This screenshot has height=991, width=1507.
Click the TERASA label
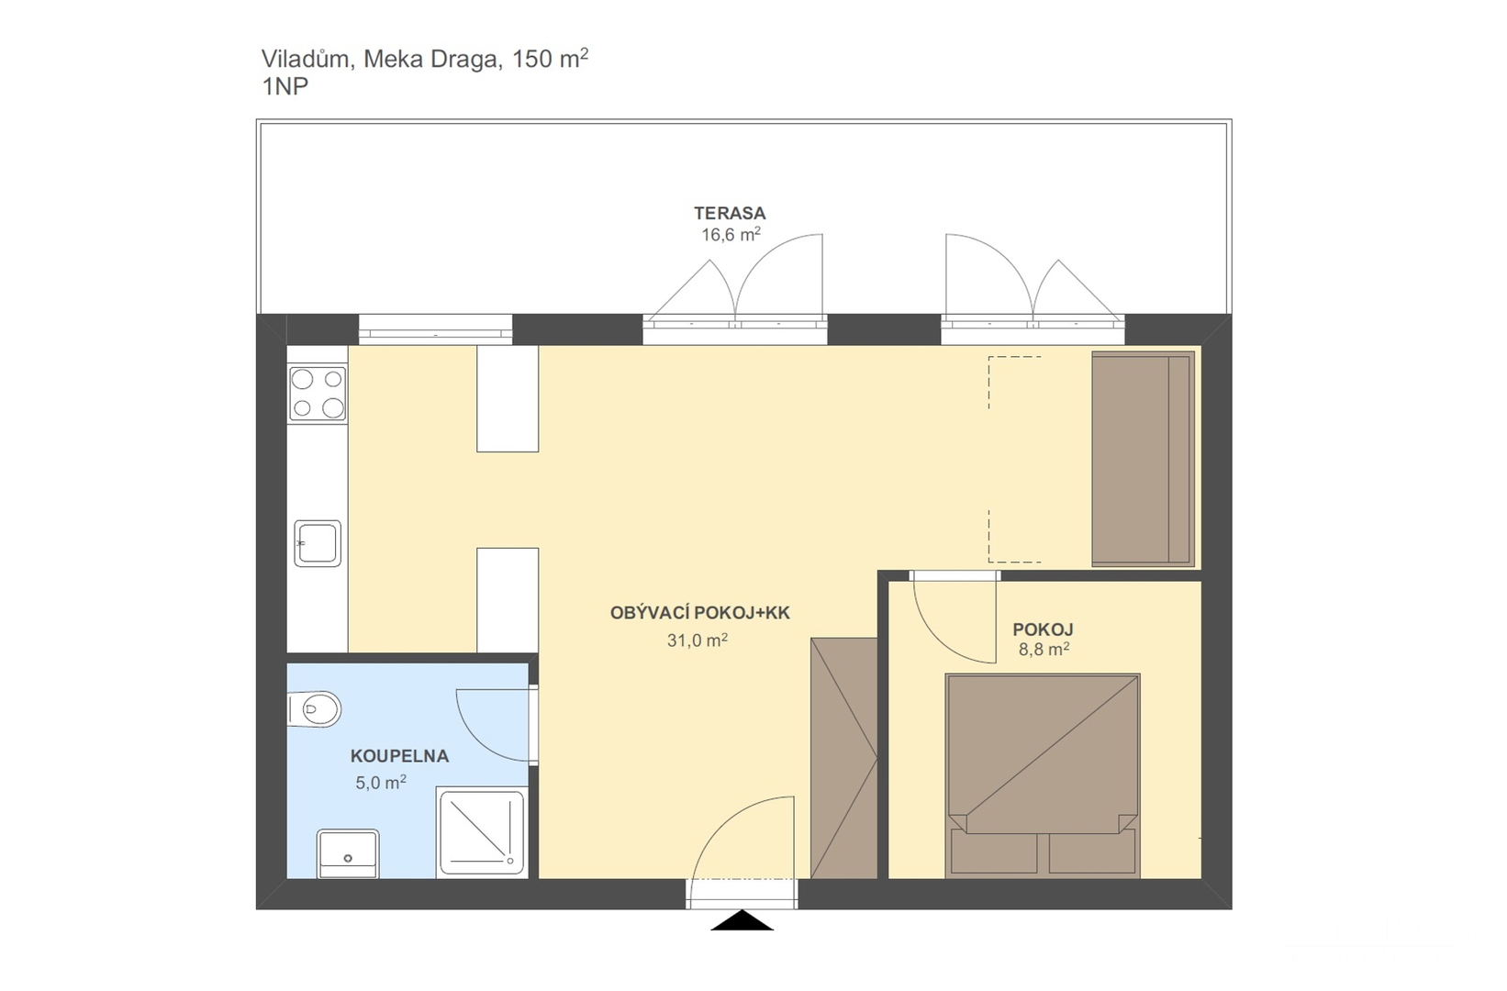730,214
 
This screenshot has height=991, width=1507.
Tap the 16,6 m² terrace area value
731,235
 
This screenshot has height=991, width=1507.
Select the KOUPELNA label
399,756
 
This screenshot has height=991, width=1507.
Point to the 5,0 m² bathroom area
381,783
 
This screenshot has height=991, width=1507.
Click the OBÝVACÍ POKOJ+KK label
699,613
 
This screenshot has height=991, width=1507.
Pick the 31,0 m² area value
697,640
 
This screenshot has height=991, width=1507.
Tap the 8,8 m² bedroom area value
1044,650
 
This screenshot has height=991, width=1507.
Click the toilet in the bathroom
314,709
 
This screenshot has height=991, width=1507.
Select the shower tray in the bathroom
482,831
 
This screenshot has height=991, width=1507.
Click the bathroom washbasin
347,853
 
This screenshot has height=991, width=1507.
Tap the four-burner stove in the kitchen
318,394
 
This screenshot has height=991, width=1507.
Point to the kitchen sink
318,543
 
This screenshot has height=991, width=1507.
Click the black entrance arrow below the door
742,921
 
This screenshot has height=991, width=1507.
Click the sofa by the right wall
1142,459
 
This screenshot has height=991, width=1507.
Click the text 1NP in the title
285,87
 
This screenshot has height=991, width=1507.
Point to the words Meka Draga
431,60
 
